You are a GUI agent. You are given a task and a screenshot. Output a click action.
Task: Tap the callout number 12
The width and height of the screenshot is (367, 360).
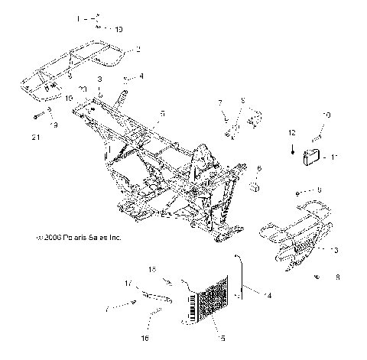(291, 133)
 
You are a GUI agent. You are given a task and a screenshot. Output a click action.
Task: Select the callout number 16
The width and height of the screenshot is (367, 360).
(145, 337)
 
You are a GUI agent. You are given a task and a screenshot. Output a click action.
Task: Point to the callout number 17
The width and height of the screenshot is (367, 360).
(128, 284)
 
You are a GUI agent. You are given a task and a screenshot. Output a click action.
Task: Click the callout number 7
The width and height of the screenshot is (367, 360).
(219, 102)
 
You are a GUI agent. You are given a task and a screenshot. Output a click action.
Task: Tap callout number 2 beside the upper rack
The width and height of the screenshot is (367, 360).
(138, 49)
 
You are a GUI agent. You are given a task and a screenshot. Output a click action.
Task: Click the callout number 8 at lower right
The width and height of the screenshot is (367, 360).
(337, 279)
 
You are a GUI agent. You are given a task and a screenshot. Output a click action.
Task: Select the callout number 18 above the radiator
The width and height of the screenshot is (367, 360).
(151, 269)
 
